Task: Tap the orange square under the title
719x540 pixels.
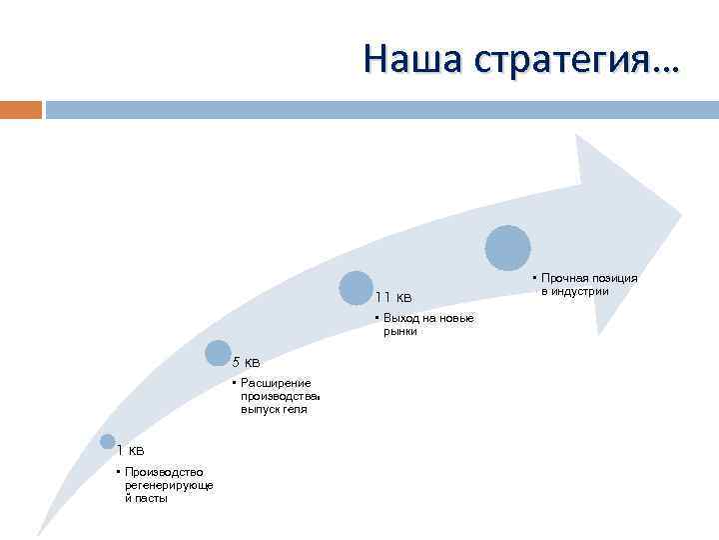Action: click(x=21, y=108)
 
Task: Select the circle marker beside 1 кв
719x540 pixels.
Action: click(x=108, y=441)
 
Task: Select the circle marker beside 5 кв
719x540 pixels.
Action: click(x=218, y=352)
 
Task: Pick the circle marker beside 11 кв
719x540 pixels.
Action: click(x=356, y=288)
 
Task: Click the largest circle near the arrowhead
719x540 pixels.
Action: click(x=508, y=248)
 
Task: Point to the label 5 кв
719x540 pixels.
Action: click(x=246, y=362)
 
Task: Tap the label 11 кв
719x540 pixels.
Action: click(x=393, y=297)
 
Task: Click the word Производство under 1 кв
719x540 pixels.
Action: click(x=165, y=472)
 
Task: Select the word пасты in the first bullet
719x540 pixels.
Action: click(x=153, y=498)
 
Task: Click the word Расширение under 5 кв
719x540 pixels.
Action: click(x=276, y=383)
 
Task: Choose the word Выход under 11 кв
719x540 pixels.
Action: click(x=398, y=318)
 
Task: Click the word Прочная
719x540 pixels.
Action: click(x=563, y=278)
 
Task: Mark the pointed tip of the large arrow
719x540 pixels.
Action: click(x=681, y=213)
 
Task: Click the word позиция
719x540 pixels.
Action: click(x=613, y=278)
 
